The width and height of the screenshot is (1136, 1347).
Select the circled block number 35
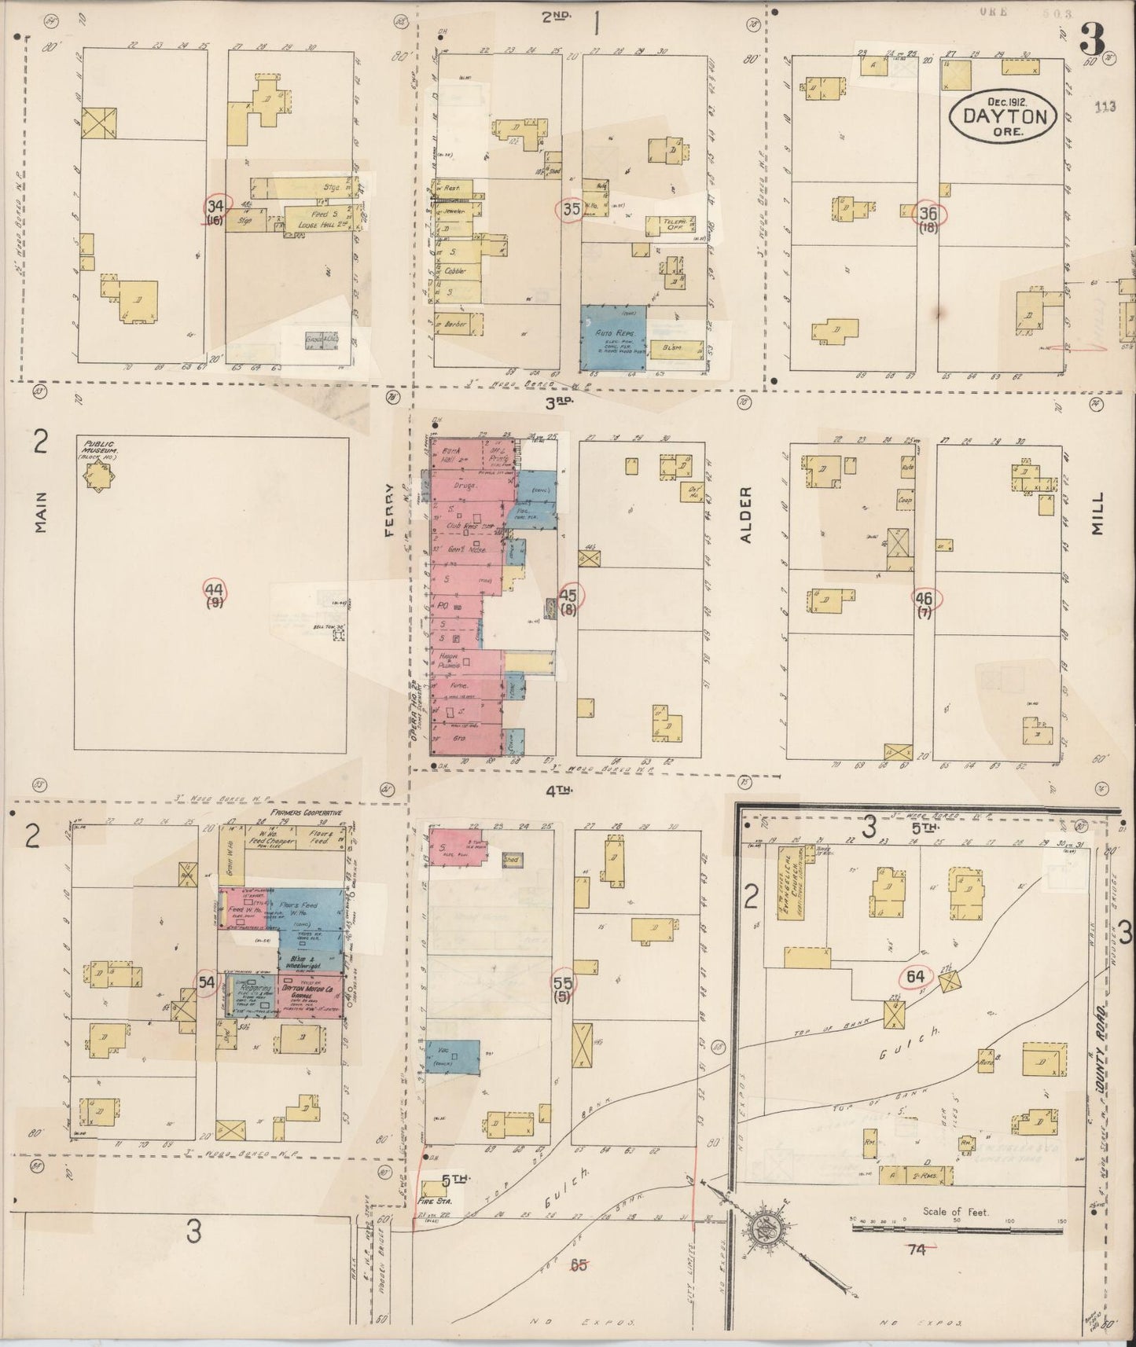(x=569, y=210)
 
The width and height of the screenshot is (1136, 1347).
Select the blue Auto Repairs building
(x=613, y=338)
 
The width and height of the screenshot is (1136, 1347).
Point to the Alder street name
(x=746, y=514)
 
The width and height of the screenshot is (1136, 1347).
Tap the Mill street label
(x=1098, y=515)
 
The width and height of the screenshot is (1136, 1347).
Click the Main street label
(x=41, y=512)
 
